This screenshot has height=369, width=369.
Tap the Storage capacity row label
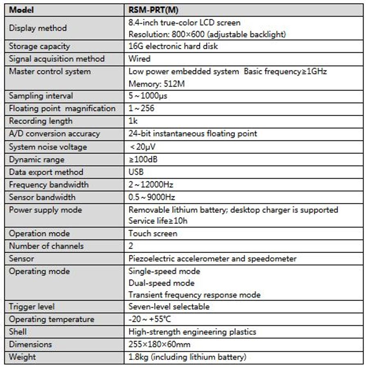click(x=39, y=46)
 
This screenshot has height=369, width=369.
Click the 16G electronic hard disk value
click(x=173, y=46)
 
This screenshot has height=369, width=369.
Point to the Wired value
click(x=139, y=59)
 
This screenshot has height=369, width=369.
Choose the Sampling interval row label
click(x=41, y=96)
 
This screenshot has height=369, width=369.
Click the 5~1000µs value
click(x=148, y=96)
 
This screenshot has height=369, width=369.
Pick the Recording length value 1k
click(x=133, y=121)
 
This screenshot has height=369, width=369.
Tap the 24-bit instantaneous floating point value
click(x=193, y=134)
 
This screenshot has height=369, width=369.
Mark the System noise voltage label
click(x=48, y=147)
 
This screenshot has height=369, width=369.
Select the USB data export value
click(x=136, y=172)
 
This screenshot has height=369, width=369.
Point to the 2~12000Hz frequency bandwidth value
click(x=151, y=184)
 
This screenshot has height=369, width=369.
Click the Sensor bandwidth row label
click(x=42, y=197)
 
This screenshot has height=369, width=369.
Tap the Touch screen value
click(x=153, y=234)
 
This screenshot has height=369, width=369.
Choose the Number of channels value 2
click(x=131, y=246)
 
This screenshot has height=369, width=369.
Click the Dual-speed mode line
click(x=161, y=283)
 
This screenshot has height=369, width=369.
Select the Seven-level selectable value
click(x=169, y=307)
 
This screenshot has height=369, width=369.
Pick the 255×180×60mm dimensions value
click(x=159, y=344)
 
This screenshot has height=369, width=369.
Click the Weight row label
click(x=22, y=357)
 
